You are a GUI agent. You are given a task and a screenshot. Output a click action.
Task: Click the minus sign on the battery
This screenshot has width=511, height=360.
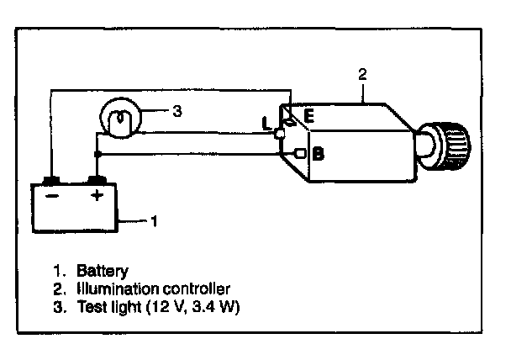[52, 196]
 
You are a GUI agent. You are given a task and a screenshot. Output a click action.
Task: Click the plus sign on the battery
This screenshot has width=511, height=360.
[97, 196]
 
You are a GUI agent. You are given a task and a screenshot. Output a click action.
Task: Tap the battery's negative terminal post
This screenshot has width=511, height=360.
[51, 180]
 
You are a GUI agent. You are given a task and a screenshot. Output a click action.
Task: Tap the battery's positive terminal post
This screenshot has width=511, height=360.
[97, 180]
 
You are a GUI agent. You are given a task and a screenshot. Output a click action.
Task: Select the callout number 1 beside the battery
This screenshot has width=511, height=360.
[154, 221]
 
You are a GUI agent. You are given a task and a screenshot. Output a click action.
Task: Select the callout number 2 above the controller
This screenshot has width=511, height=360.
[362, 74]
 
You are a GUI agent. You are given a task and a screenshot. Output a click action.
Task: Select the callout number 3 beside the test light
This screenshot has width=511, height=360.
[177, 111]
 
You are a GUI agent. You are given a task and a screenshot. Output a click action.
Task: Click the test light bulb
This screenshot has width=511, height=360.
[120, 118]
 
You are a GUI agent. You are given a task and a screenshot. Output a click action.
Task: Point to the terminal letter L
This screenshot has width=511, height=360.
[266, 124]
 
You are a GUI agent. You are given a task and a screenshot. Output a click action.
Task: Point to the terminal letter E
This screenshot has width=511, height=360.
[308, 116]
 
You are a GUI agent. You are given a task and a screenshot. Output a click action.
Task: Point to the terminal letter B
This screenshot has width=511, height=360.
[318, 154]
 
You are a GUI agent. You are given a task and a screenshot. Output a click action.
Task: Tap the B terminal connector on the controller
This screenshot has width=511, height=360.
[300, 153]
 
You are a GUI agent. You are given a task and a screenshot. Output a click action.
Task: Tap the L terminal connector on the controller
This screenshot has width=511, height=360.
[279, 134]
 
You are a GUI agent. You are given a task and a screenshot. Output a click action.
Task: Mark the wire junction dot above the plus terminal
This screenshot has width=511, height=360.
[97, 154]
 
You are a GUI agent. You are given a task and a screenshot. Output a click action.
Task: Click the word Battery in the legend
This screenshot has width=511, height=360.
[103, 271]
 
